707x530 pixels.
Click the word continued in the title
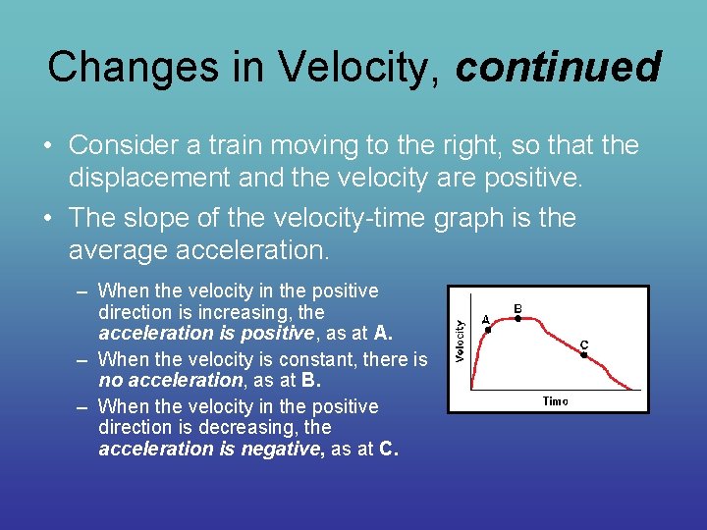coord(559,67)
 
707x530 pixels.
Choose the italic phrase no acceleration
coord(170,380)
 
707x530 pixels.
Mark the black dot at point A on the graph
coord(488,330)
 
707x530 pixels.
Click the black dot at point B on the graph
coord(518,318)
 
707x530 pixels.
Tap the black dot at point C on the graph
coord(583,355)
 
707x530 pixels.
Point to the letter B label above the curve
coord(518,307)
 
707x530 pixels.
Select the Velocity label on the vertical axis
coord(461,340)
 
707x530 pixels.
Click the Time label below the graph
coord(556,400)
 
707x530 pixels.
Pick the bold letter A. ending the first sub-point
coord(383,333)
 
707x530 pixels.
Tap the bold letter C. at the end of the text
coord(389,450)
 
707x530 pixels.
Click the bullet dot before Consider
coord(47,147)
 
